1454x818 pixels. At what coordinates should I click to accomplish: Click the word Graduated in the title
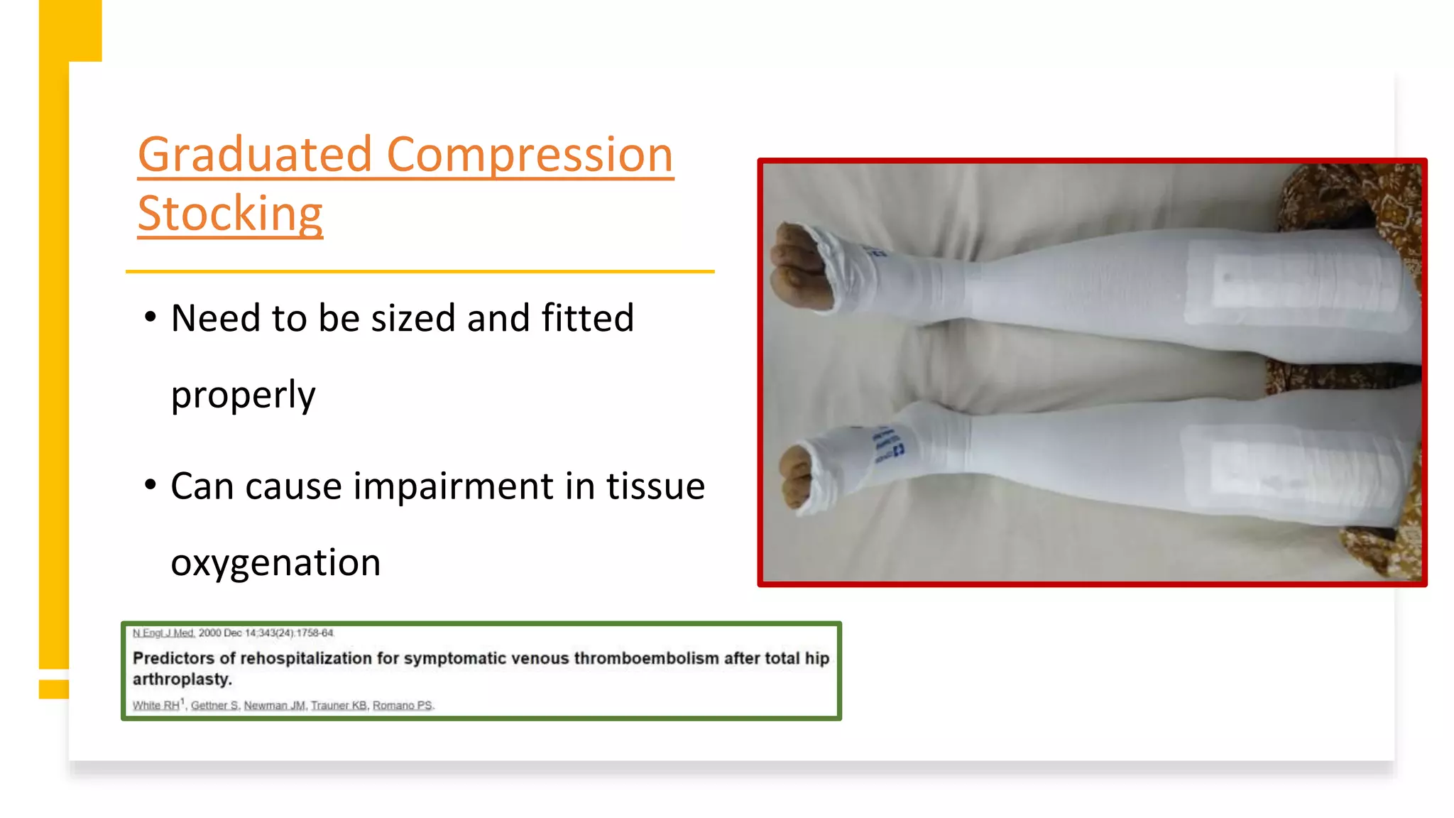[254, 155]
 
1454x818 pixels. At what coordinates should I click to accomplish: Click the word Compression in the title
[530, 155]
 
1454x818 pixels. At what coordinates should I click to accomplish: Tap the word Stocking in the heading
[230, 213]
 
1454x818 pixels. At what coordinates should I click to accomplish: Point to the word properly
[243, 395]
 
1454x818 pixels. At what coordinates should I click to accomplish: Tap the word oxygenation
[275, 562]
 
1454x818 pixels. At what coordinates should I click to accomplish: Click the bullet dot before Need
[150, 317]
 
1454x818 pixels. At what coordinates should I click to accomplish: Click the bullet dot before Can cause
[150, 486]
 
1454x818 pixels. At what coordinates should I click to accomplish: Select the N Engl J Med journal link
[163, 633]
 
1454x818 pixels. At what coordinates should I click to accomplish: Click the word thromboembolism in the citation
[646, 658]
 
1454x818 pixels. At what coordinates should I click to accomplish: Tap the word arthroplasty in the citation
[182, 679]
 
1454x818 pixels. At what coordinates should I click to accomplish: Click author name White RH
[156, 705]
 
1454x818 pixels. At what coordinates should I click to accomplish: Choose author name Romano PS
[403, 705]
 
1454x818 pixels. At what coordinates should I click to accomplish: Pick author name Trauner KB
[339, 705]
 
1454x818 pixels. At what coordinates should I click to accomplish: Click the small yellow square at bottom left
[54, 689]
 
